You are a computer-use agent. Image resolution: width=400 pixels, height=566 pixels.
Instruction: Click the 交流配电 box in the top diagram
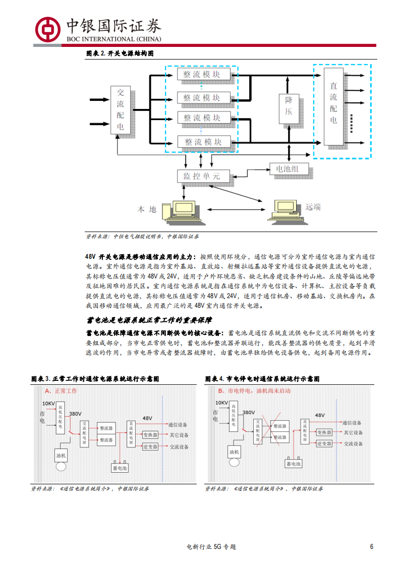click(120, 110)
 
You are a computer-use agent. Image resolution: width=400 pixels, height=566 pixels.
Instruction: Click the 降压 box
click(289, 107)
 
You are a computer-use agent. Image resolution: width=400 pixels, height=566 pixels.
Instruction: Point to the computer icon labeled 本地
click(183, 211)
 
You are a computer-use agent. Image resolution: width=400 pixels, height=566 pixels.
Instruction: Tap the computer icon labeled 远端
click(285, 211)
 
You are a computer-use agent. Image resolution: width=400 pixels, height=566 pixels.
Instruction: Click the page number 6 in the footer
click(372, 547)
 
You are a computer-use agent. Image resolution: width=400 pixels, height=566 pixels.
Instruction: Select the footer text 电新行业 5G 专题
click(211, 547)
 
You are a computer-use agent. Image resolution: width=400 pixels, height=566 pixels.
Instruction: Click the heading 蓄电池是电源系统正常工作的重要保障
click(149, 320)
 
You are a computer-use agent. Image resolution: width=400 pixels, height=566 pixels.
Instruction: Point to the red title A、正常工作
click(61, 391)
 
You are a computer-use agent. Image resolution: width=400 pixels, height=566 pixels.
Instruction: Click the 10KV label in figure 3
click(48, 404)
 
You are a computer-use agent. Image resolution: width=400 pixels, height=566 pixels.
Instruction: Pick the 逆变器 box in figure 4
click(324, 444)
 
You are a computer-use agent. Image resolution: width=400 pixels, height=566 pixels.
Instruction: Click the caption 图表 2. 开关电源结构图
click(120, 53)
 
